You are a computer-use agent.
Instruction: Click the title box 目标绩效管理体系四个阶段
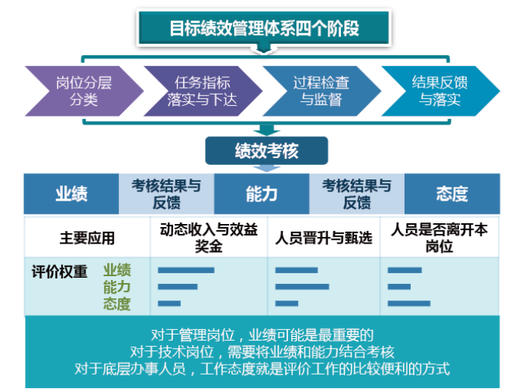pyautogui.click(x=263, y=29)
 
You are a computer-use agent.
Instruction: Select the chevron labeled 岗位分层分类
pyautogui.click(x=83, y=91)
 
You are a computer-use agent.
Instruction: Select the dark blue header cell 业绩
pyautogui.click(x=71, y=194)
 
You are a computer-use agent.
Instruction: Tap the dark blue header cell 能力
pyautogui.click(x=262, y=194)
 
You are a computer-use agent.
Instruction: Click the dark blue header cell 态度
pyautogui.click(x=451, y=194)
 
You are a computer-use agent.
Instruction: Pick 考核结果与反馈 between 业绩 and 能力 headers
pyautogui.click(x=166, y=194)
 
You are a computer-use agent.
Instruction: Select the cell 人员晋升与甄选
pyautogui.click(x=323, y=238)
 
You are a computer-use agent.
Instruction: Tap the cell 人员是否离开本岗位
pyautogui.click(x=439, y=238)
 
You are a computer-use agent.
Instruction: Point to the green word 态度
pyautogui.click(x=117, y=304)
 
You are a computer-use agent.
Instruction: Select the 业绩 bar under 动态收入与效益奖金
pyautogui.click(x=186, y=270)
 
